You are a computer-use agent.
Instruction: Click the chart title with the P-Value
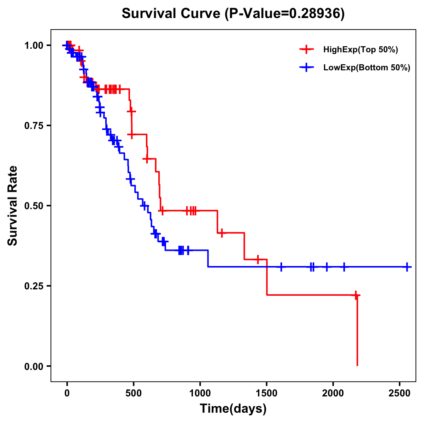(x=233, y=14)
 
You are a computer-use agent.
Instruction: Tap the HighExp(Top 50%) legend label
(x=360, y=50)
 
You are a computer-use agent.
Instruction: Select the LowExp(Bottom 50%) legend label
(x=366, y=68)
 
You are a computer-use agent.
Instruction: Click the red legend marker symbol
(x=306, y=49)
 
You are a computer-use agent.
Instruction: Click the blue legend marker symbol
(x=306, y=67)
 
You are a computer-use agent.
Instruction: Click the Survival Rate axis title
(x=13, y=205)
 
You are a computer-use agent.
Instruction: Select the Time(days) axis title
(x=233, y=409)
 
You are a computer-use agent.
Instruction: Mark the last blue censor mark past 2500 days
(x=407, y=267)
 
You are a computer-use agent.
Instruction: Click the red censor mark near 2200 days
(x=356, y=295)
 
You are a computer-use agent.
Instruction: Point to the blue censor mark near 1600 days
(x=281, y=267)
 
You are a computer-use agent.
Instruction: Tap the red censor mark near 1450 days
(x=258, y=259)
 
